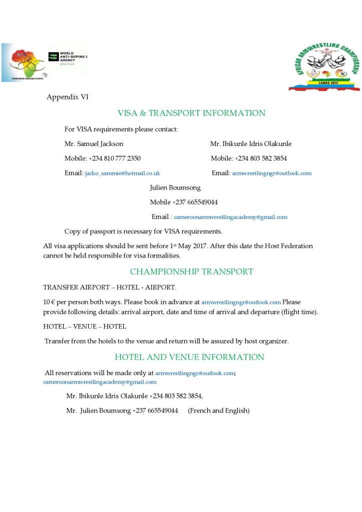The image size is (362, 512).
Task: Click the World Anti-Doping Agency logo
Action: click(68, 60)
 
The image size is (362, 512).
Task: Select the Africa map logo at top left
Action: click(24, 62)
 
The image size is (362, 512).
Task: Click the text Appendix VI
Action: click(68, 97)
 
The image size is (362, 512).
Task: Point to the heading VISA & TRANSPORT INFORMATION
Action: click(191, 113)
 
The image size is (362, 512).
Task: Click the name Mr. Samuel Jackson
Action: click(94, 143)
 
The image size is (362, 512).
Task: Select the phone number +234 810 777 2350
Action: click(115, 158)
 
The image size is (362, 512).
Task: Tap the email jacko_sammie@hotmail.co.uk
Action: click(122, 173)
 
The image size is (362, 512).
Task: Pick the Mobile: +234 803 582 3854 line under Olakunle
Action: click(249, 158)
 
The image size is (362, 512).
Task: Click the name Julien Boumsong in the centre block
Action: click(175, 187)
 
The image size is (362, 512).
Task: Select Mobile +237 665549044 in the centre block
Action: click(184, 202)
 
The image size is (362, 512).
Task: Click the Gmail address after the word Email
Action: click(230, 217)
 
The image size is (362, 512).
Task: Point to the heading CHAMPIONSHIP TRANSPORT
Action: click(191, 272)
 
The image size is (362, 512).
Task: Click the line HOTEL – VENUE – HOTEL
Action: click(85, 326)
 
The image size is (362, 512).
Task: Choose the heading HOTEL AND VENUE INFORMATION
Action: click(189, 357)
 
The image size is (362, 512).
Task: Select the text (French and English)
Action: click(218, 410)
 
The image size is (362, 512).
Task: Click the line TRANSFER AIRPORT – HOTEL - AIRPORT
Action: click(110, 287)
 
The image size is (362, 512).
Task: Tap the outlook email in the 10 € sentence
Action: click(241, 302)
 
